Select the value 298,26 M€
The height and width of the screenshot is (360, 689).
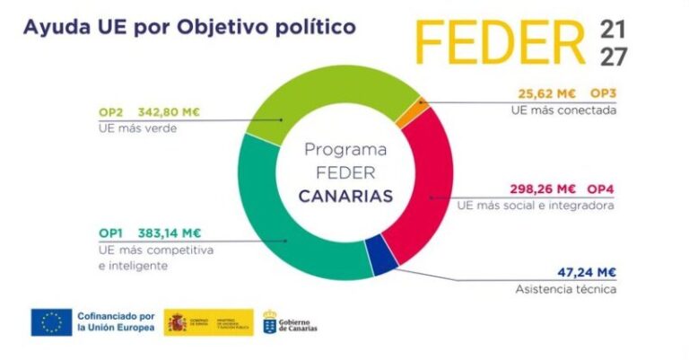[542, 189]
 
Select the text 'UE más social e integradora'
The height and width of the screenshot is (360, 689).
[536, 206]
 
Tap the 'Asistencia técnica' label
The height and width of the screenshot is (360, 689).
[580, 289]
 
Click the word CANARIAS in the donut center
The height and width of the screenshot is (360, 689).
[345, 196]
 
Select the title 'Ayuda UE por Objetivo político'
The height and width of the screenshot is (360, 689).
[189, 26]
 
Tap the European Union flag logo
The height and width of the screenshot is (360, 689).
[51, 322]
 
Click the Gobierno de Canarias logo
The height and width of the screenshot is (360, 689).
[290, 322]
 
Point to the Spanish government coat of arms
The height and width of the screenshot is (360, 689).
[178, 322]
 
